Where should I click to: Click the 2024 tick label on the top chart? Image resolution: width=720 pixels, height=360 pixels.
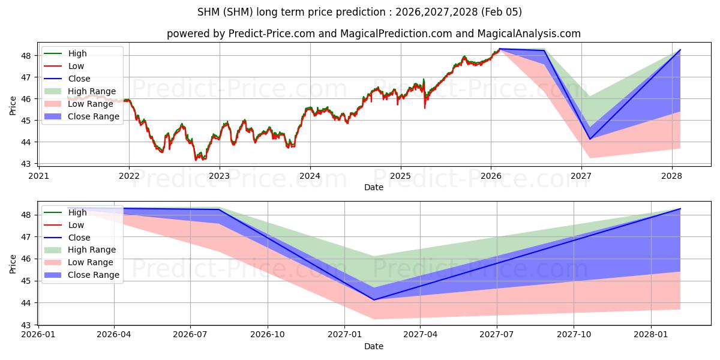click(x=310, y=176)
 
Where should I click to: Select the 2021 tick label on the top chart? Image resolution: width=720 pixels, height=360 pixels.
click(x=38, y=176)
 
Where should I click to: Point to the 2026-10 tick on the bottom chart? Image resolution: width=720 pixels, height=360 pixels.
click(x=267, y=335)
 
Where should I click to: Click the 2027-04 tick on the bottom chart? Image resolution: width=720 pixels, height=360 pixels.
click(x=420, y=335)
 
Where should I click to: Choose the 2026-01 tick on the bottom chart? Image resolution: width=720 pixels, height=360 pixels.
click(x=38, y=335)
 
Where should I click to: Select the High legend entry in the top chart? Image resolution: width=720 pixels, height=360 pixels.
click(x=77, y=53)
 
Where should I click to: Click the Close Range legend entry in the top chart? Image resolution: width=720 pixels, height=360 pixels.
click(x=94, y=116)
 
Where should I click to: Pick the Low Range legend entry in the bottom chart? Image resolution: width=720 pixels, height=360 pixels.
click(x=91, y=262)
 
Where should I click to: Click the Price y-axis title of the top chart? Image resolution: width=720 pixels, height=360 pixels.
click(x=13, y=106)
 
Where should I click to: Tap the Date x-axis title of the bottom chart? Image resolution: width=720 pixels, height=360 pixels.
click(x=373, y=346)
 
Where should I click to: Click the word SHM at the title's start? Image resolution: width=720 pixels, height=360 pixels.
click(x=208, y=12)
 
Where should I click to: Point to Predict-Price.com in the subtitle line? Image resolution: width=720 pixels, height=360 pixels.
click(x=271, y=34)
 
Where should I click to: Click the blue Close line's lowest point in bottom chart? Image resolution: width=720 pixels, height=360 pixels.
click(x=374, y=299)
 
